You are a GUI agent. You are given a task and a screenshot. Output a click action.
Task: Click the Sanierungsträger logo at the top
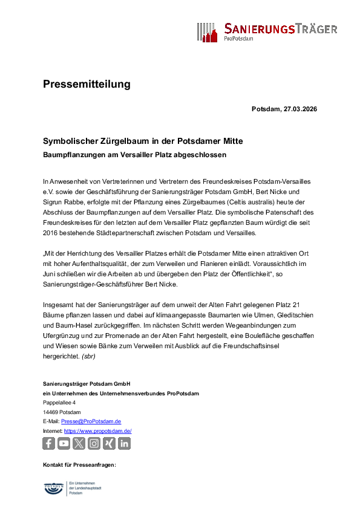(x=266, y=31)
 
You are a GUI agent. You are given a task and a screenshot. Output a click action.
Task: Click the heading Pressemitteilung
(x=87, y=84)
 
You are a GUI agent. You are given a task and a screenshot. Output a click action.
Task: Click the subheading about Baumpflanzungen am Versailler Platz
(x=134, y=155)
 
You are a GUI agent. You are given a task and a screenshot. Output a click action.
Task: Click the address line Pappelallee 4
(x=59, y=403)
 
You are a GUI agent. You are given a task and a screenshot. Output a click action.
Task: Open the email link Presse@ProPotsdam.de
(x=91, y=421)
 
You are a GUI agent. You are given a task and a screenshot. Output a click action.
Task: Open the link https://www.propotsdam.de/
(x=97, y=431)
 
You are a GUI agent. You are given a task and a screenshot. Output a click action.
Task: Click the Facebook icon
(x=49, y=444)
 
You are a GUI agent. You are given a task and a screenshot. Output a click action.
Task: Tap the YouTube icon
(x=64, y=444)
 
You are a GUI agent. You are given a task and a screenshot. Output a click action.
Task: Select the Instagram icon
(x=94, y=444)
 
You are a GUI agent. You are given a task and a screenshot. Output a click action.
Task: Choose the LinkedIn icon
(x=124, y=444)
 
